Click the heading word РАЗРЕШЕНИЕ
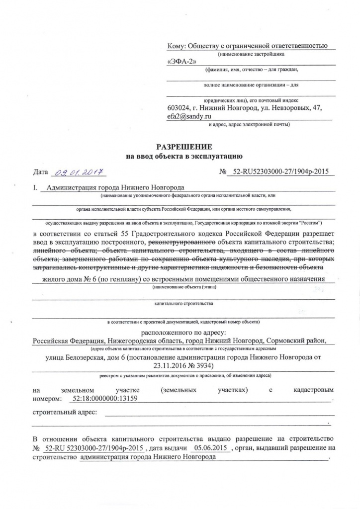pos(184,147)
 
